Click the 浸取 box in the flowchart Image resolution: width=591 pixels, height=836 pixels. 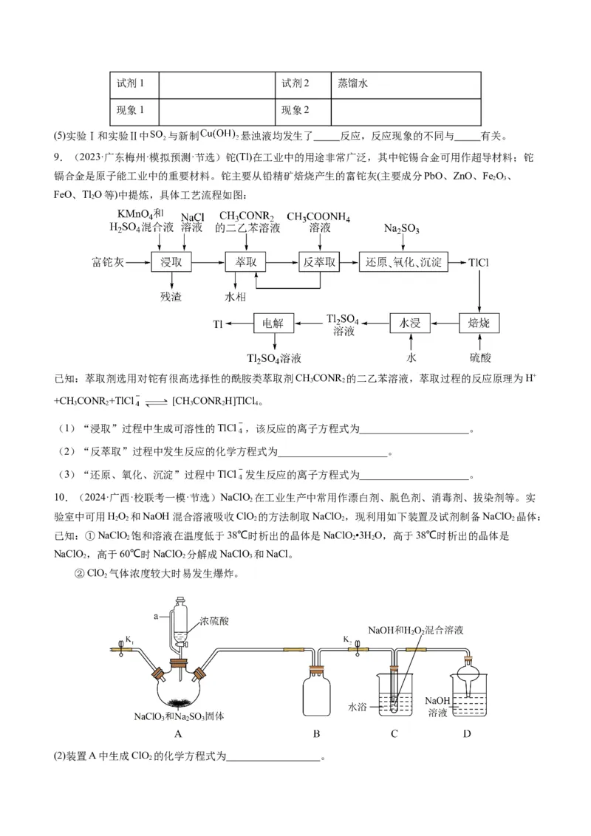point(171,263)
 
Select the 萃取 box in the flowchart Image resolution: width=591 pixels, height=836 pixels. point(245,263)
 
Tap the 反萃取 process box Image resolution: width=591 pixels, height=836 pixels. point(320,263)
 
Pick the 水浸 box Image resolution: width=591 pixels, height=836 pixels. point(410,323)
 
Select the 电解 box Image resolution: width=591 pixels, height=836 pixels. point(273,323)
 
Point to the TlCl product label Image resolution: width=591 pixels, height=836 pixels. point(479,263)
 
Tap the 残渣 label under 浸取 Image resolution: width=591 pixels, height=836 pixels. point(171,297)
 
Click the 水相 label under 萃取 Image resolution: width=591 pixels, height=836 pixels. point(236,297)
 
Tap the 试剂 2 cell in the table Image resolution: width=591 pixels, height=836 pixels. point(303,84)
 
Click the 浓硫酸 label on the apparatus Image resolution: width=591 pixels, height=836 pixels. point(214,622)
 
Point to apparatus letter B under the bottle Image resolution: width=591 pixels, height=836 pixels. point(316,734)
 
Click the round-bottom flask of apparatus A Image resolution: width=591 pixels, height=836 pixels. point(178,683)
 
